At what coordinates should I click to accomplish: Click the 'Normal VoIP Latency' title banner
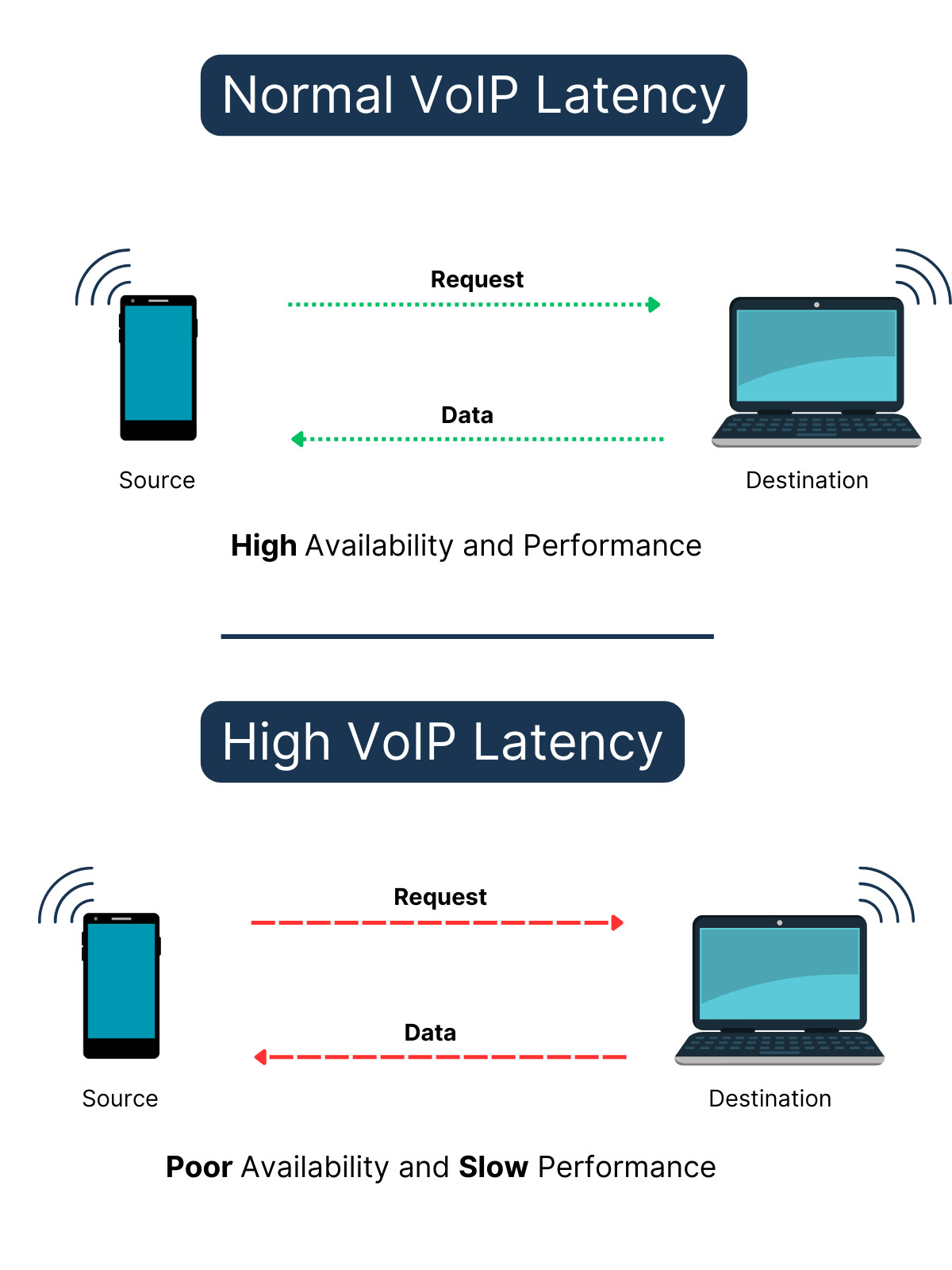pyautogui.click(x=474, y=95)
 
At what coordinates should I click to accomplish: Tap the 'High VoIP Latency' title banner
pyautogui.click(x=442, y=741)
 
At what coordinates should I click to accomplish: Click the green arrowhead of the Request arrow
pyautogui.click(x=654, y=305)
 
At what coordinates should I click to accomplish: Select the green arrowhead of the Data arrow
pyautogui.click(x=298, y=439)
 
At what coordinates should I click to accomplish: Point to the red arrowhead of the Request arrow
pyautogui.click(x=617, y=922)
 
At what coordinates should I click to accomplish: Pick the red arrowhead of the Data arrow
pyautogui.click(x=260, y=1056)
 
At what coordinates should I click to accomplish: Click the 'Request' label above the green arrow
pyautogui.click(x=477, y=279)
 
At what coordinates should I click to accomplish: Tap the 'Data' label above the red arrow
pyautogui.click(x=430, y=1033)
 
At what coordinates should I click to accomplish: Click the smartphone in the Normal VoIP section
pyautogui.click(x=158, y=367)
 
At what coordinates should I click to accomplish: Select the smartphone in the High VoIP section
pyautogui.click(x=121, y=985)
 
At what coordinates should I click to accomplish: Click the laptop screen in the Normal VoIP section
pyautogui.click(x=816, y=355)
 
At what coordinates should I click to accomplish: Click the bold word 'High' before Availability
pyautogui.click(x=263, y=546)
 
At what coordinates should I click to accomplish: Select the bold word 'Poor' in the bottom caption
pyautogui.click(x=199, y=1168)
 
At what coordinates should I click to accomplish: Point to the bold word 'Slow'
pyautogui.click(x=493, y=1168)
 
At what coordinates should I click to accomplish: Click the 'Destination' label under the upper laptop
pyautogui.click(x=807, y=480)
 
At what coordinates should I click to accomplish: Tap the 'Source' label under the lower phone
pyautogui.click(x=120, y=1099)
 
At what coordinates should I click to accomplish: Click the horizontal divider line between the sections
pyautogui.click(x=467, y=636)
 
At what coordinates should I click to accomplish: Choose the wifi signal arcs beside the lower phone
pyautogui.click(x=67, y=895)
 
